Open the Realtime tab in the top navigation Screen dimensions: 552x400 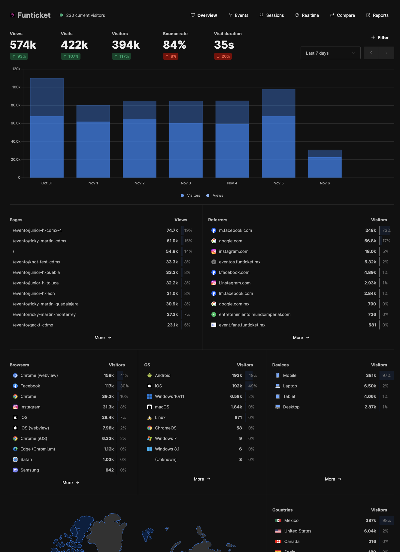pos(307,15)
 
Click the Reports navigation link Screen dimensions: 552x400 pos(377,15)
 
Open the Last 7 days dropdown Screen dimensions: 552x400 pos(330,53)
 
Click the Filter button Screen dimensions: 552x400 pos(380,38)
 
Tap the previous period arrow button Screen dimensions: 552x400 pos(371,53)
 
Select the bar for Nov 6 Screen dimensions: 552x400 pos(325,164)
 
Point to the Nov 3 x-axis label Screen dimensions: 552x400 pos(186,183)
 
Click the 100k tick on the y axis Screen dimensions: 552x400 pos(16,87)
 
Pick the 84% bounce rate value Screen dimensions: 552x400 pos(174,45)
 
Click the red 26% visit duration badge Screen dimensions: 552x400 pos(223,56)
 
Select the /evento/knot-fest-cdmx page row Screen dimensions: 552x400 pos(37,262)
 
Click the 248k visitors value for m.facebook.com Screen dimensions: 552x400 pos(371,230)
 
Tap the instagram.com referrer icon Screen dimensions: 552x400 pos(214,251)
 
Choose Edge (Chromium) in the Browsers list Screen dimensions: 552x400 pos(38,449)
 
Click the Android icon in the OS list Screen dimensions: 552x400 pos(150,375)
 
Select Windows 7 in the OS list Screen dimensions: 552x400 pos(166,438)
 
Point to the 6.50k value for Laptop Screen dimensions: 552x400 pos(370,386)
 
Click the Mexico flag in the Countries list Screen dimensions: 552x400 pos(278,520)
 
